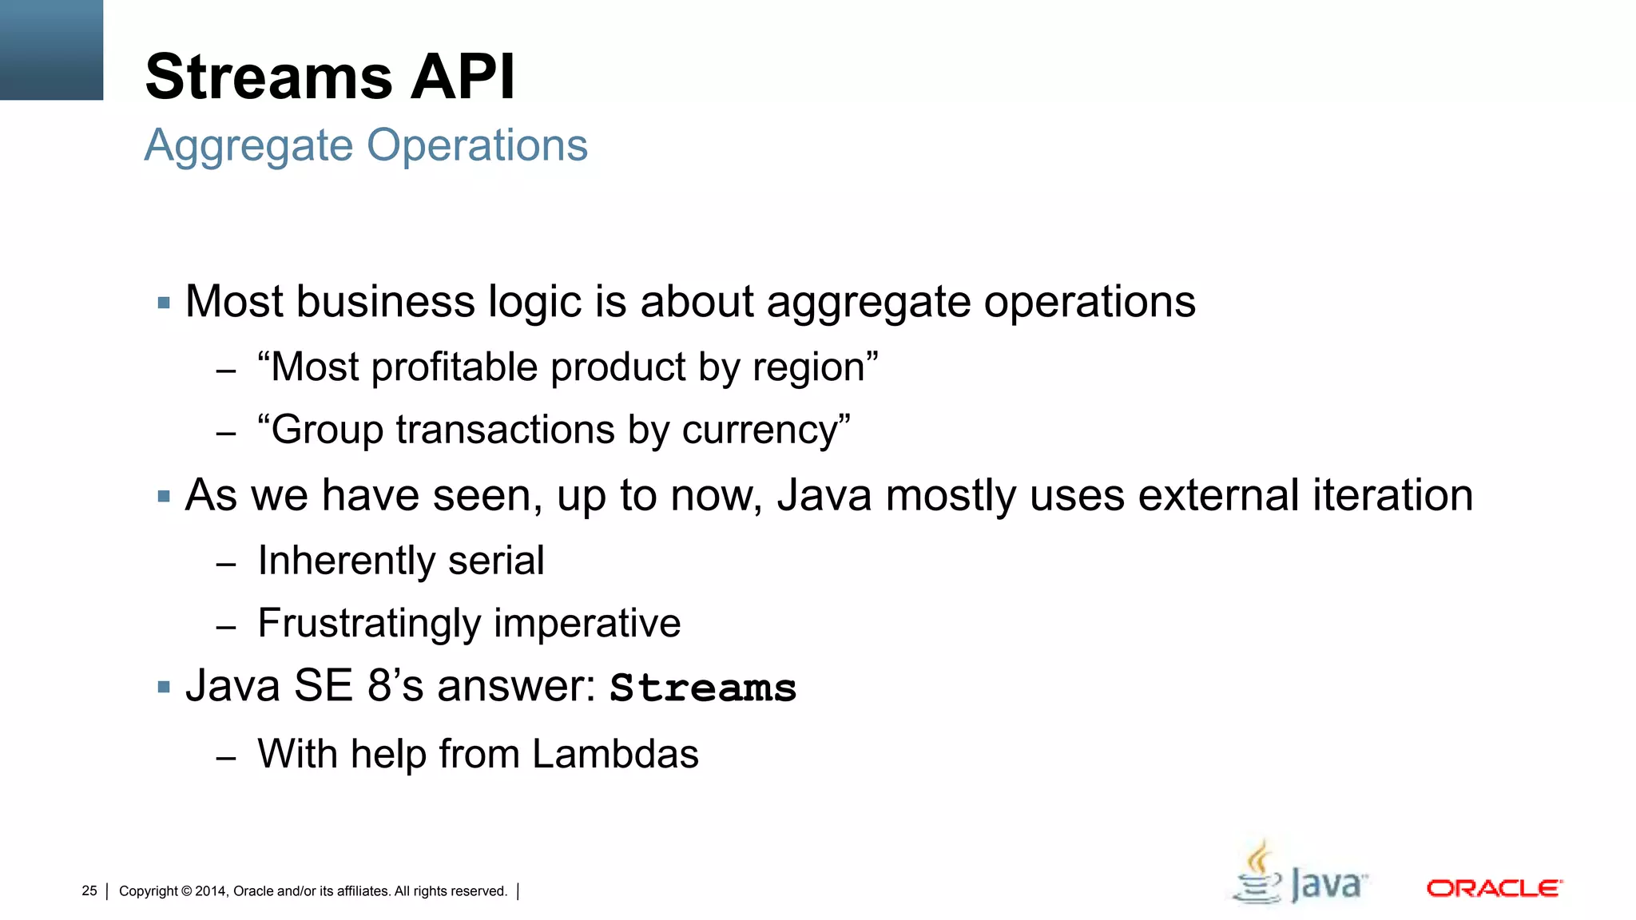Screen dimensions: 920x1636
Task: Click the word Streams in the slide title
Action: point(269,77)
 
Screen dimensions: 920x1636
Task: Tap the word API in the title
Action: point(463,77)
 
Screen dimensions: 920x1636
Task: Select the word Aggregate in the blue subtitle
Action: point(248,146)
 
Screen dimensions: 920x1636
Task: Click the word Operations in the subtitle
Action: point(477,146)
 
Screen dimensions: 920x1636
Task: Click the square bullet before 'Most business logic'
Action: point(165,303)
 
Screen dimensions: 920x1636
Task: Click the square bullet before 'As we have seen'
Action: point(165,497)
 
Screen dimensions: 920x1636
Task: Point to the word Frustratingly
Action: point(368,624)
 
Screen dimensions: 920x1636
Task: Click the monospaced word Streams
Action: point(703,688)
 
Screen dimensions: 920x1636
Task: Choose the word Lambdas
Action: point(615,755)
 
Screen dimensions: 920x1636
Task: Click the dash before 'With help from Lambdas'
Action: point(226,757)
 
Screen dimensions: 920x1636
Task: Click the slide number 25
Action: point(89,891)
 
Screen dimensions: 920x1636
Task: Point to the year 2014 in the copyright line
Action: point(211,891)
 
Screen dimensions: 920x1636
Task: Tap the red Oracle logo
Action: point(1494,889)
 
